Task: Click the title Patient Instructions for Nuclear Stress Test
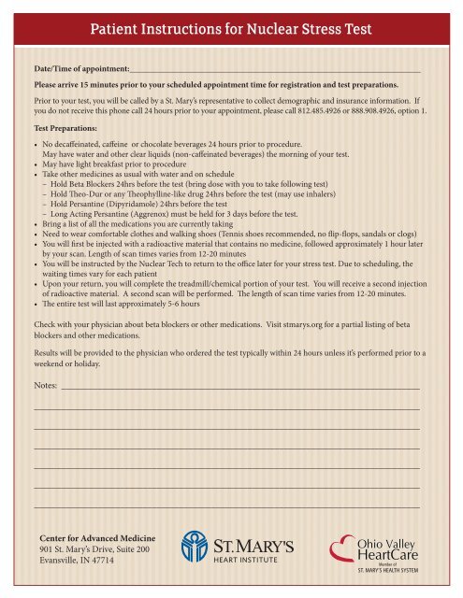(x=231, y=30)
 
